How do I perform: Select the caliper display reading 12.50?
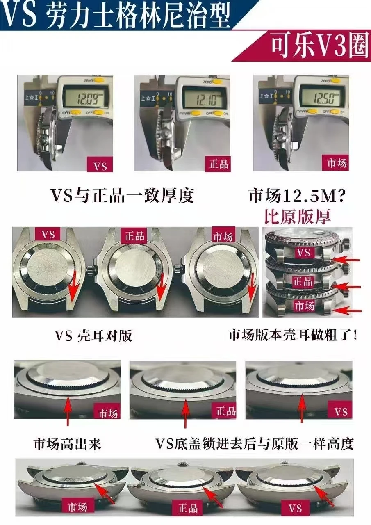tap(321, 98)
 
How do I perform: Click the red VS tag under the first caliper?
tap(100, 166)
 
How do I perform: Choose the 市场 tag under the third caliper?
tap(337, 163)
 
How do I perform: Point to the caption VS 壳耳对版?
tap(93, 336)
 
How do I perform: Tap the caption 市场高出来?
tap(67, 443)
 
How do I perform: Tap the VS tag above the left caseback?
tap(48, 235)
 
